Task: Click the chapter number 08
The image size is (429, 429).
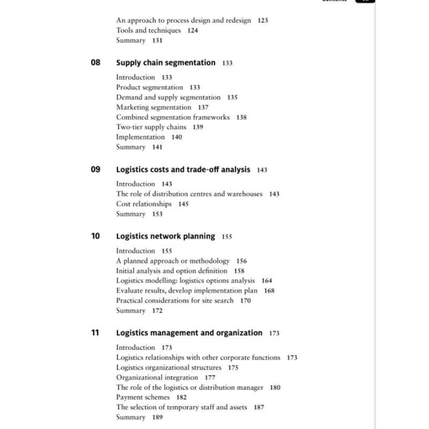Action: point(95,63)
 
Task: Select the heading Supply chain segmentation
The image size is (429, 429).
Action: point(166,63)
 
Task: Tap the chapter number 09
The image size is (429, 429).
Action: point(95,169)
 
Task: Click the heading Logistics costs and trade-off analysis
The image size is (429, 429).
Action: point(183,169)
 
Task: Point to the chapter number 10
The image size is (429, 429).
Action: point(95,236)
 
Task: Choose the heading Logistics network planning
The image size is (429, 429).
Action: point(166,236)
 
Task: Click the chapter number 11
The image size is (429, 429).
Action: point(95,333)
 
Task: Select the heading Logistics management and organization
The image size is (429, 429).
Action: point(189,333)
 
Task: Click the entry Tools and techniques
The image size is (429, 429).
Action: point(149,31)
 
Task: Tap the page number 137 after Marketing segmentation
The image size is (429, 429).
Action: point(203,107)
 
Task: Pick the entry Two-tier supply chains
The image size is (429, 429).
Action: point(151,127)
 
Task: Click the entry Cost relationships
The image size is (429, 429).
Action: point(144,204)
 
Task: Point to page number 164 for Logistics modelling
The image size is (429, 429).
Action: point(267,280)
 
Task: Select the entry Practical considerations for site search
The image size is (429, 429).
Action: point(175,300)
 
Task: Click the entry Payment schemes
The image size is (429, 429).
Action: point(143,397)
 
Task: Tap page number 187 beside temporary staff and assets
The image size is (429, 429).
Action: point(259,407)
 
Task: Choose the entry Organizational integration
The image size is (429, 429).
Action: point(150,378)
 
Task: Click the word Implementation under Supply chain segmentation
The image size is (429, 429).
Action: point(140,137)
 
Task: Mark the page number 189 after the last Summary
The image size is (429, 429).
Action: point(157,417)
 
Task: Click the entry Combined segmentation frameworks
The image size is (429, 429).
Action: point(173,117)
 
